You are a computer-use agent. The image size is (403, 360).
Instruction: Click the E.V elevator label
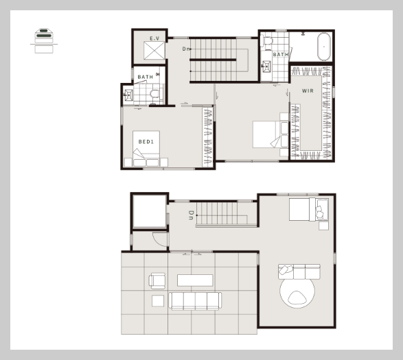coord(154,38)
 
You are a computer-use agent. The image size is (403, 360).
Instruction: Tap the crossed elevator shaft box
coord(154,51)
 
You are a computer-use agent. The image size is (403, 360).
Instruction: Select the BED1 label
coord(146,142)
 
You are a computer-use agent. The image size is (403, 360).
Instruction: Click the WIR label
coord(308,91)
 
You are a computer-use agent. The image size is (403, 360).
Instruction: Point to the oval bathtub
coord(324,47)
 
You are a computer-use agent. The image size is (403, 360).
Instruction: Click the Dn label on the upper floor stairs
coord(186,49)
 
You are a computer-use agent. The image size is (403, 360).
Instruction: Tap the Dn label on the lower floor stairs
coord(191,215)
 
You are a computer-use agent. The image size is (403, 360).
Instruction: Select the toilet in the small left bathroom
coord(156,94)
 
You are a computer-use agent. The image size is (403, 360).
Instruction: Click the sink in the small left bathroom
coord(128,95)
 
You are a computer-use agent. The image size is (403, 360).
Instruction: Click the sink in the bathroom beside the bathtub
coord(266,67)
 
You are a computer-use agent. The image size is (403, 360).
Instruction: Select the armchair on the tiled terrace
coord(157,280)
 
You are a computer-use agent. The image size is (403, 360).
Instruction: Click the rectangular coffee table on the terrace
coord(195,280)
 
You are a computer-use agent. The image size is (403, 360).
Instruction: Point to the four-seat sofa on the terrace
coord(195,301)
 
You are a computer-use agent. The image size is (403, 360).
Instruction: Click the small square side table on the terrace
coord(158,300)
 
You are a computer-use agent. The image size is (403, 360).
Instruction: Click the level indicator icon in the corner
coord(44,40)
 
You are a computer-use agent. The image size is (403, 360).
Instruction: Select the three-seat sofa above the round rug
coord(299,272)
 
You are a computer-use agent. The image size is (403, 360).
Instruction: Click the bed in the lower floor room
coord(309,209)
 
